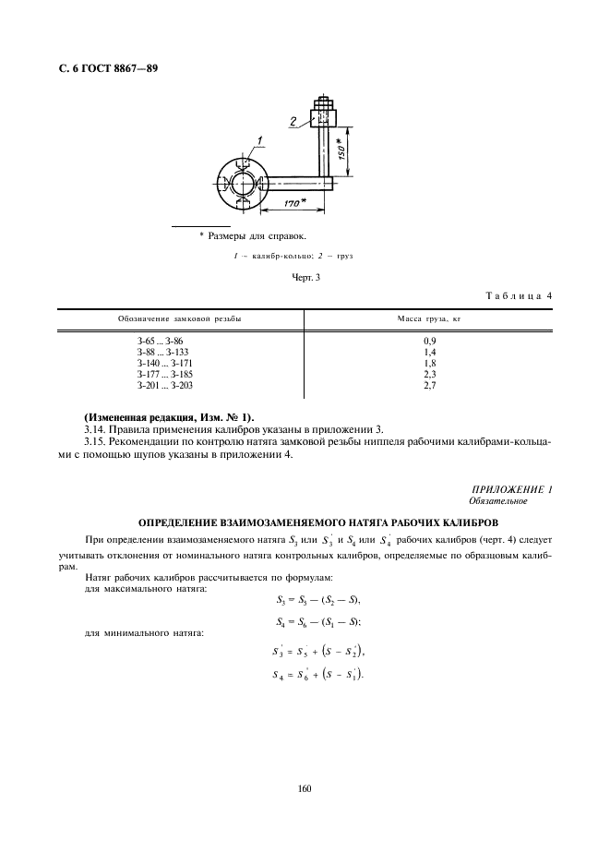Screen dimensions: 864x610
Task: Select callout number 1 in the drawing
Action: tap(260, 140)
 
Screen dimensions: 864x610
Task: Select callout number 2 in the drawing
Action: tap(293, 121)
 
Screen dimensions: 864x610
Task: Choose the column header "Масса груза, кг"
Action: tap(427, 318)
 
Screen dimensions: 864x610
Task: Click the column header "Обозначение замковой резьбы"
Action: tap(180, 318)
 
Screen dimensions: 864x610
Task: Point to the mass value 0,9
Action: tap(427, 342)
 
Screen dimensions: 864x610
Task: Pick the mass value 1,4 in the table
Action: tap(427, 353)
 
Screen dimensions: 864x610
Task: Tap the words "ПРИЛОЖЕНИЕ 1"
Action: tap(511, 489)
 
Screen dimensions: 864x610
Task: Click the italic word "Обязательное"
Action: tap(497, 501)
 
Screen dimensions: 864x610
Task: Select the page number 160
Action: tap(305, 788)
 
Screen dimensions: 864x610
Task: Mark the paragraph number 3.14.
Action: tap(96, 429)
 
